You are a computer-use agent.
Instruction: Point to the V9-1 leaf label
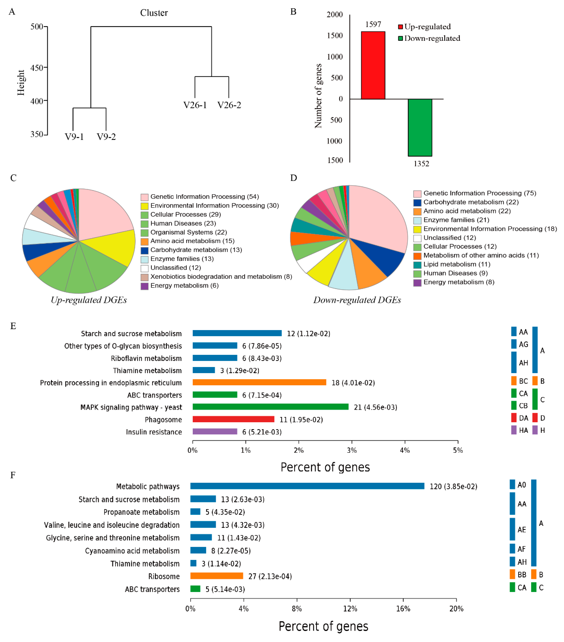point(74,137)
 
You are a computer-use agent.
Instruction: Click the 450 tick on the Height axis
point(37,68)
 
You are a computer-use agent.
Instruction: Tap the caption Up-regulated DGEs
point(89,300)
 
